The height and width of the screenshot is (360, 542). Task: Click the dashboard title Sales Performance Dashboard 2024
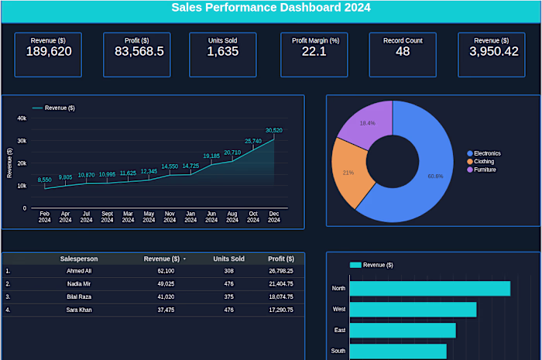click(271, 9)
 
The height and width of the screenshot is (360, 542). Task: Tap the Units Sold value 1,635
click(222, 52)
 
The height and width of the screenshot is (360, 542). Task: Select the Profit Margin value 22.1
click(314, 52)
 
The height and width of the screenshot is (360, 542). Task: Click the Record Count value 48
click(403, 52)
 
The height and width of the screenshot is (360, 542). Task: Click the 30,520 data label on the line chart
click(273, 130)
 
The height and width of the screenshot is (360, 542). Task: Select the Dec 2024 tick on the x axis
click(273, 216)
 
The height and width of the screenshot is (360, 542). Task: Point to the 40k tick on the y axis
click(22, 118)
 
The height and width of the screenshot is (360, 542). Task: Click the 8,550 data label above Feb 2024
click(45, 180)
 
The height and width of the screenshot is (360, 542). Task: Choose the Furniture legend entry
click(485, 170)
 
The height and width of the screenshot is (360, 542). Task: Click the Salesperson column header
click(79, 259)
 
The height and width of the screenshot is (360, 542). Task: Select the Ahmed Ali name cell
click(79, 271)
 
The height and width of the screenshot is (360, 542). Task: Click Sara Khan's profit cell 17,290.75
click(280, 310)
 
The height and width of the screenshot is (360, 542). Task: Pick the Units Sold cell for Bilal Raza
click(228, 297)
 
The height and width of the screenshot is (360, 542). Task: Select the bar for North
click(430, 289)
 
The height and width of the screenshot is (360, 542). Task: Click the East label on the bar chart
click(340, 331)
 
